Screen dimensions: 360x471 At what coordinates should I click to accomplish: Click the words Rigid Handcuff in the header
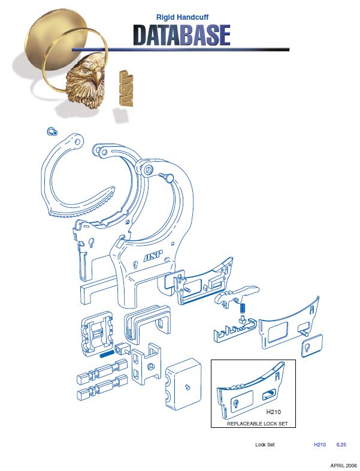coord(182,17)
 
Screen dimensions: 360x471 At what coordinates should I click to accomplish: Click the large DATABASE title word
coord(181,35)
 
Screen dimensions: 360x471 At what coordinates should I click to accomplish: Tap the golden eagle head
coord(86,81)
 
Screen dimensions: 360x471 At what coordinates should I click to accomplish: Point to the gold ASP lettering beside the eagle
coord(126,88)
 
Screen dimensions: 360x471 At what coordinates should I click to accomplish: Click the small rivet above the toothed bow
coord(52,131)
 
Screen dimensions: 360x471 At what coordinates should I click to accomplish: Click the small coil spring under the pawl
coord(243,309)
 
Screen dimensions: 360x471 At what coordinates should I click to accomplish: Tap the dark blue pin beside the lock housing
coord(107,354)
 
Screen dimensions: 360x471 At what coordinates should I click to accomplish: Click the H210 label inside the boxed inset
coord(274,412)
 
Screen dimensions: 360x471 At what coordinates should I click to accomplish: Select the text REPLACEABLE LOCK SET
coord(258,424)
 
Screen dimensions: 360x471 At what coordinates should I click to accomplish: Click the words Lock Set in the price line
coord(265,445)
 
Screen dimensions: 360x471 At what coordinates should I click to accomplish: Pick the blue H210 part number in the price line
coord(320,445)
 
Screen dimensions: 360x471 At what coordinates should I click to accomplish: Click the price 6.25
coord(341,445)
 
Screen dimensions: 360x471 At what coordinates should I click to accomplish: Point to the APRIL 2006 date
coord(343,465)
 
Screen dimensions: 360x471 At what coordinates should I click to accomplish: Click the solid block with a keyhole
coord(183,384)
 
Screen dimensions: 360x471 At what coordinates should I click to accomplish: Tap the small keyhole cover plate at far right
coord(312,346)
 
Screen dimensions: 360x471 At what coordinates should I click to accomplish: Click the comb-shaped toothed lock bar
coord(235,330)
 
